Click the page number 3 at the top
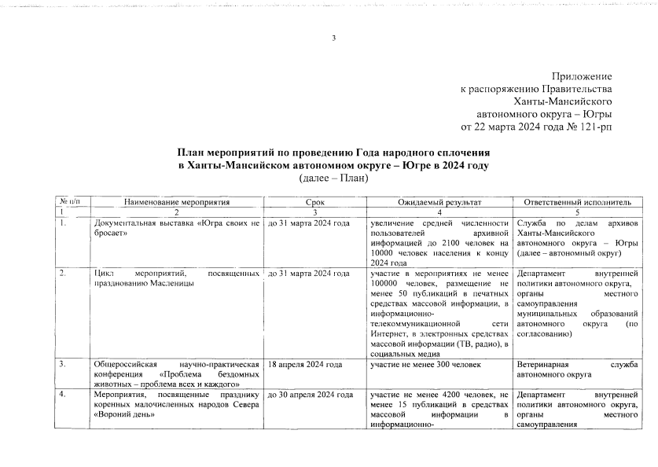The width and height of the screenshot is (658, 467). (x=333, y=39)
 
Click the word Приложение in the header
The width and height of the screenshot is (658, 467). (x=582, y=76)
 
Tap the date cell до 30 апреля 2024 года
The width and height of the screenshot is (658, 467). (x=309, y=393)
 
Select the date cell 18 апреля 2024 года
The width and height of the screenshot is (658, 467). (x=305, y=365)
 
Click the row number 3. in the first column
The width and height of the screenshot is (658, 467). (x=63, y=365)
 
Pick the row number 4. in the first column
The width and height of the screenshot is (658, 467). (x=63, y=393)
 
